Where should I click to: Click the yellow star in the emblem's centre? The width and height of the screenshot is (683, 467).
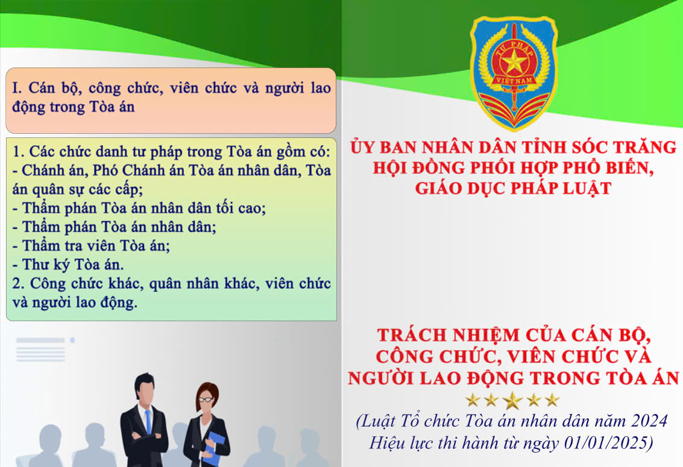[514, 62]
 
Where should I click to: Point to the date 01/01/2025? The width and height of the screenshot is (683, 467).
[608, 443]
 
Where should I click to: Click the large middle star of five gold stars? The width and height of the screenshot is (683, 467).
[512, 400]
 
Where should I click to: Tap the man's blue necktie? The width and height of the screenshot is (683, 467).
[148, 421]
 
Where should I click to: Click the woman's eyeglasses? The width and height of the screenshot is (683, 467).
[206, 399]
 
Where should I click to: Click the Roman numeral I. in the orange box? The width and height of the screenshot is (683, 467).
[17, 88]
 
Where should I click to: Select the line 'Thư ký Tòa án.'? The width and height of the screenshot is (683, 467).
[68, 265]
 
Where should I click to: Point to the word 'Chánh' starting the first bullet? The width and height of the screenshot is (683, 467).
[43, 171]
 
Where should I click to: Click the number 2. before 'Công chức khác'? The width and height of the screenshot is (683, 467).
[18, 283]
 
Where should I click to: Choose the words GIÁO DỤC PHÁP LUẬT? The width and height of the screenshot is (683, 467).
[513, 189]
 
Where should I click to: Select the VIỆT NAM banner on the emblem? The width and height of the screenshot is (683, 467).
[514, 81]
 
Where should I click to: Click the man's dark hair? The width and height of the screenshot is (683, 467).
[144, 380]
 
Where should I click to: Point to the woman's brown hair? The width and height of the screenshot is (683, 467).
[207, 392]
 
